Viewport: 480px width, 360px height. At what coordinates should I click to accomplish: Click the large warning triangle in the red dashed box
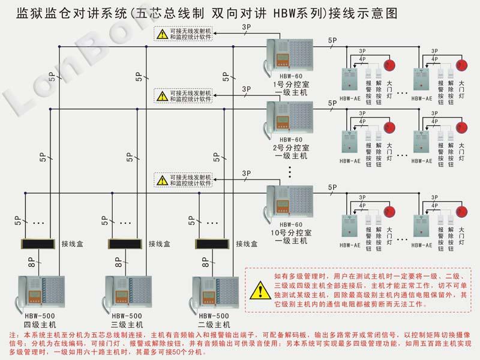point(259,291)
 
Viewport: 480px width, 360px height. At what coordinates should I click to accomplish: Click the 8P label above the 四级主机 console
point(31,263)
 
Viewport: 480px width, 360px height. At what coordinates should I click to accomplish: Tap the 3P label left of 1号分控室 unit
point(246,29)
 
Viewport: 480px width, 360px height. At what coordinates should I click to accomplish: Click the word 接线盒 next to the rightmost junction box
point(246,244)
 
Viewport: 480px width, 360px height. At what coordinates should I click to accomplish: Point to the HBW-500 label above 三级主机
point(127,316)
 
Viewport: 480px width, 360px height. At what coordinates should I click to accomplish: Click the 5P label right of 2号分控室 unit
point(332,103)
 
